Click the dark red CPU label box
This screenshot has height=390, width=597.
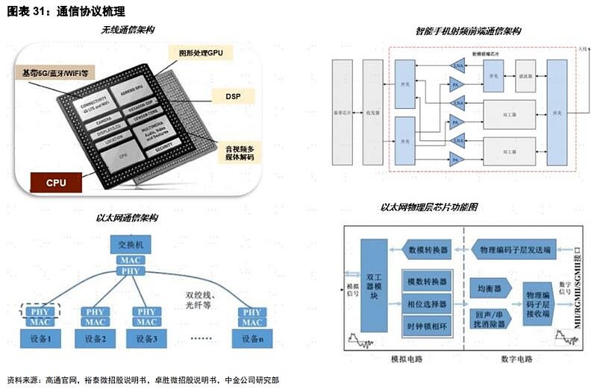[56, 181]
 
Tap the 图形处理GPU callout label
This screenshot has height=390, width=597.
[201, 53]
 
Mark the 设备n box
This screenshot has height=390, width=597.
[252, 339]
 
